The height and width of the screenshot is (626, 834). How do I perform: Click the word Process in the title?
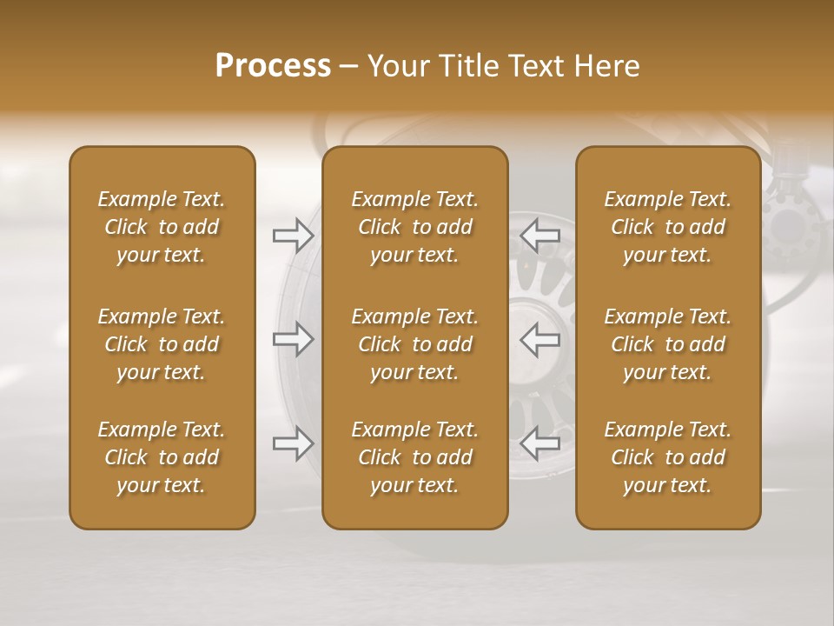273,66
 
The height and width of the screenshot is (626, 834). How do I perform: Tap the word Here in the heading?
607,66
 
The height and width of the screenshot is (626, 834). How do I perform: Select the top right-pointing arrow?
294,235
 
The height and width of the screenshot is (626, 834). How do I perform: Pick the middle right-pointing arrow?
294,339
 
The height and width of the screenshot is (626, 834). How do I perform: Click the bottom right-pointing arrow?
294,443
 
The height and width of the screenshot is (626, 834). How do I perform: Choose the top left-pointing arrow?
539,235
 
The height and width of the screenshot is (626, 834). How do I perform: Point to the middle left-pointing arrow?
539,339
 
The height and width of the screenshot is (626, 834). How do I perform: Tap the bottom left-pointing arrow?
539,443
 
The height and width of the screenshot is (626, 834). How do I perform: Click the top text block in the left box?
162,227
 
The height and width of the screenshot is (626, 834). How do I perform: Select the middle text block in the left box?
162,344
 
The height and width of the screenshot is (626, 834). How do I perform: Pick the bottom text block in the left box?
162,457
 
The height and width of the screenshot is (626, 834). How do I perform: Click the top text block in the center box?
415,227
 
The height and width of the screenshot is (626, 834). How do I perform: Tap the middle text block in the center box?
415,344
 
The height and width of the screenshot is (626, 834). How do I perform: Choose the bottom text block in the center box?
415,457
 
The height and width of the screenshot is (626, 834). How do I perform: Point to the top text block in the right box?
668,227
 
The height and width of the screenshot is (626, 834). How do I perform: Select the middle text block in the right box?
668,344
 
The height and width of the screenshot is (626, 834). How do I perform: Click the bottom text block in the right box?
668,457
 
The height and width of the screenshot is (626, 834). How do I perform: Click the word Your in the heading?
396,66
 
